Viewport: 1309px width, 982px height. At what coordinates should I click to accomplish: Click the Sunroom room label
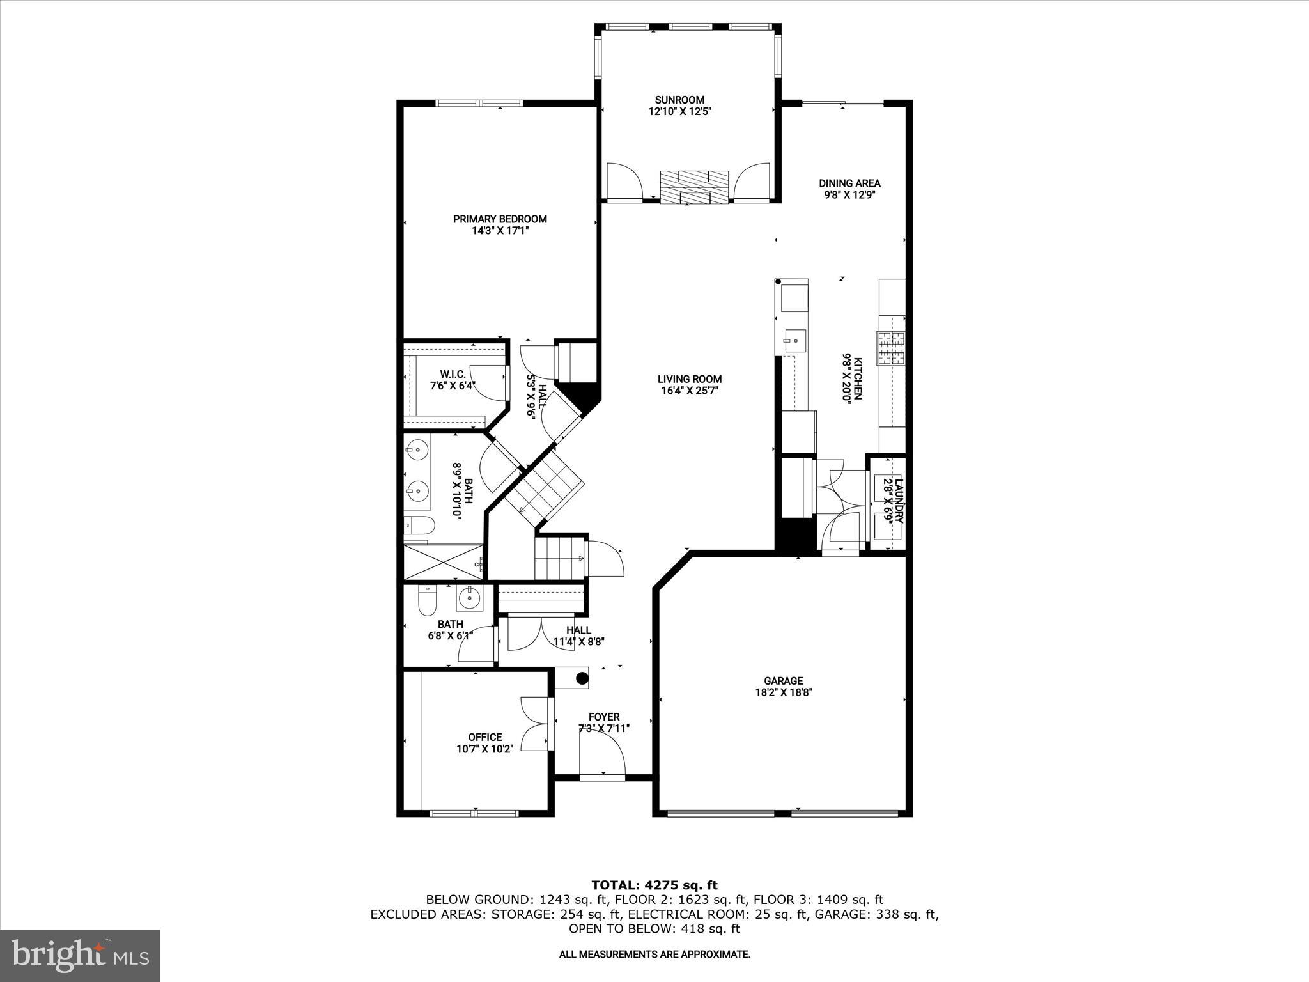679,100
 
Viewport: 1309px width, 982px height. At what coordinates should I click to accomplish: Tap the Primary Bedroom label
500,219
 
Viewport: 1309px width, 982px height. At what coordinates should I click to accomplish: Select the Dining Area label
849,183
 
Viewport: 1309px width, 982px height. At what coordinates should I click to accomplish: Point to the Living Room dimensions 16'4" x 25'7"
690,390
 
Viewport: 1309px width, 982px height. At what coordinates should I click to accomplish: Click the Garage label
783,681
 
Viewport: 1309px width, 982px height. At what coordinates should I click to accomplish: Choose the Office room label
484,737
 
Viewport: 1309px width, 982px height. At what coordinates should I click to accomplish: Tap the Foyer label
604,717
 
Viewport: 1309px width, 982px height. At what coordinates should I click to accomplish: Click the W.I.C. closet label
453,374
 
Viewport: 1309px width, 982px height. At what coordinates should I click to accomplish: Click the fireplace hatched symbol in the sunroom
695,187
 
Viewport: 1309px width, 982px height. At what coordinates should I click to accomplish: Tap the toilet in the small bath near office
426,600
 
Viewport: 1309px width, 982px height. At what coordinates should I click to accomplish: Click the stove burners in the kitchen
892,349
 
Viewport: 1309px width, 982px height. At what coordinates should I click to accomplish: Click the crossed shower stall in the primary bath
444,562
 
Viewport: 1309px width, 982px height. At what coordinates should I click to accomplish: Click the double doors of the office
535,724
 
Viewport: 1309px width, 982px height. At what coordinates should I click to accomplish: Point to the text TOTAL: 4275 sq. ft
654,885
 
